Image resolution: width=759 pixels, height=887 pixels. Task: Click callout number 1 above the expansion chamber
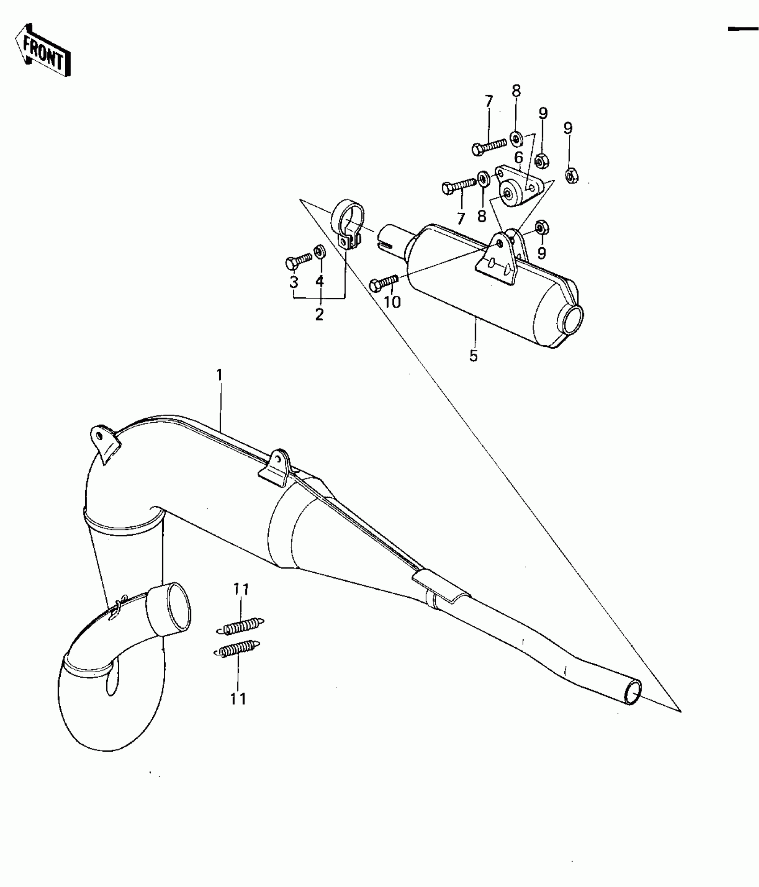click(x=219, y=375)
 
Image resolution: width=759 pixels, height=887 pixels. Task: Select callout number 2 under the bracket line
click(x=319, y=314)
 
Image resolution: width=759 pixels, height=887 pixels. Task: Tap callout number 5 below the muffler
click(x=473, y=356)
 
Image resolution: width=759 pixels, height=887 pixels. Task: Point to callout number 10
click(x=392, y=302)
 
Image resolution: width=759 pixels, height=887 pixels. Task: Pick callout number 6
click(x=518, y=158)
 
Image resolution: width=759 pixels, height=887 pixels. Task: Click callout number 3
click(x=293, y=282)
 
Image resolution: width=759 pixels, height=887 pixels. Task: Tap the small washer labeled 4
click(x=320, y=251)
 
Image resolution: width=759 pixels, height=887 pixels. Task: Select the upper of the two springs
click(x=240, y=627)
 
